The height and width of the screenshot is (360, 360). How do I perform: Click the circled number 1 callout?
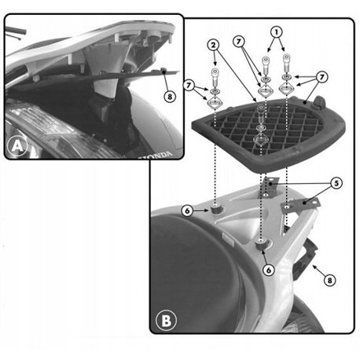tap(276, 33)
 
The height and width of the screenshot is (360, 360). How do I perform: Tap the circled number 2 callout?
tap(214, 46)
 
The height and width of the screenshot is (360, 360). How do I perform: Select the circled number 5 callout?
tap(336, 183)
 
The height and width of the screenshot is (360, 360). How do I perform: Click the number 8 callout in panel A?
tap(170, 97)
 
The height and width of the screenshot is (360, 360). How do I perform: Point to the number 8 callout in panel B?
tap(329, 281)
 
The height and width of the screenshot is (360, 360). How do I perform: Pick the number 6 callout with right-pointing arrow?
tap(187, 211)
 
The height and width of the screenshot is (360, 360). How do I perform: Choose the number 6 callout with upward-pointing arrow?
tap(269, 270)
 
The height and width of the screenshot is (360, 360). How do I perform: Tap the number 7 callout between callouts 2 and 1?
tap(239, 42)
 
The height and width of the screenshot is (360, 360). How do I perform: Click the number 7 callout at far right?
tap(321, 77)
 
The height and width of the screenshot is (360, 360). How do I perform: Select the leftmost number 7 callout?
tap(189, 85)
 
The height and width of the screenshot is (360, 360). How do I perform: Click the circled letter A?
tap(17, 146)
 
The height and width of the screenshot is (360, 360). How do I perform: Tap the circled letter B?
tap(166, 320)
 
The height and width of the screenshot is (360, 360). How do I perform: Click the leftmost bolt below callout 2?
tap(215, 76)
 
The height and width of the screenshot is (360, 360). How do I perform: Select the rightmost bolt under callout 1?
tap(287, 63)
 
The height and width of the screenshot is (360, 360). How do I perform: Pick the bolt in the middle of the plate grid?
tap(261, 113)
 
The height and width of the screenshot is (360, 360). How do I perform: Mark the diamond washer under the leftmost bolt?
tap(215, 103)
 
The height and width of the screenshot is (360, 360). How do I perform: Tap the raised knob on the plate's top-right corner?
tap(319, 102)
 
